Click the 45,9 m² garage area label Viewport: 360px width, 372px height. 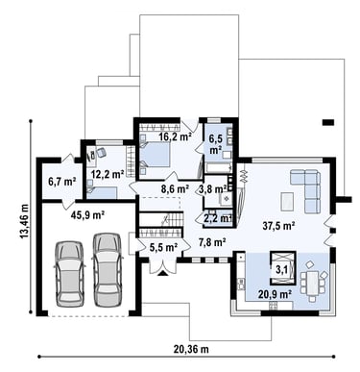(x=87, y=215)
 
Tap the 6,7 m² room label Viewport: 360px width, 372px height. (x=61, y=182)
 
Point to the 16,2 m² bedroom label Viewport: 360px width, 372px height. (x=175, y=136)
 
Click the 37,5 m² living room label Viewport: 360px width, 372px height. (x=278, y=226)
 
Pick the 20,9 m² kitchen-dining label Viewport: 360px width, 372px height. (x=276, y=294)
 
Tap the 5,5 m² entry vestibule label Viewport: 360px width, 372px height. (x=163, y=247)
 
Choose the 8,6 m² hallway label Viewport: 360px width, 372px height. (x=174, y=189)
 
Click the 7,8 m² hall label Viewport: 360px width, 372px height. (x=212, y=242)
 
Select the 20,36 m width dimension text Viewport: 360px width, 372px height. (x=191, y=349)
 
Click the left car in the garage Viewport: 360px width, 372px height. (x=70, y=273)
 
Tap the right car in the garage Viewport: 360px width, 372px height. (x=108, y=268)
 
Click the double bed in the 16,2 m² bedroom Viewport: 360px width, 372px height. (x=155, y=154)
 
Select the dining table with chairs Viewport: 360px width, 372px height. (x=312, y=281)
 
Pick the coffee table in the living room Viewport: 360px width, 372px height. (x=287, y=202)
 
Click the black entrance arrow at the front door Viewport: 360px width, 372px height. (x=162, y=273)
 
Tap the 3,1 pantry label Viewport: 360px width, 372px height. (x=281, y=270)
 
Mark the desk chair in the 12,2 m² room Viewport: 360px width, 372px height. (x=102, y=153)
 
